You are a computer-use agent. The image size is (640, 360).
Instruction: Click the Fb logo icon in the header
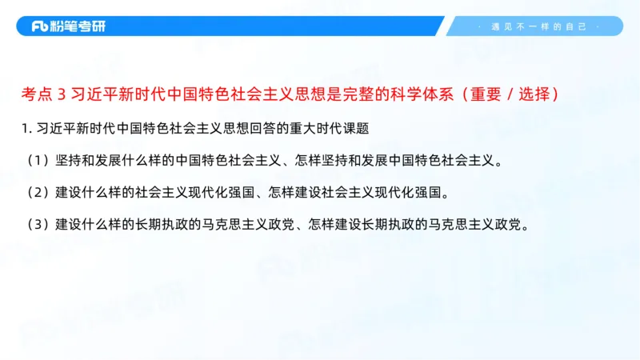coord(40,26)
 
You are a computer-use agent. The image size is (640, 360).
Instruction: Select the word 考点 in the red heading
coord(37,94)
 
